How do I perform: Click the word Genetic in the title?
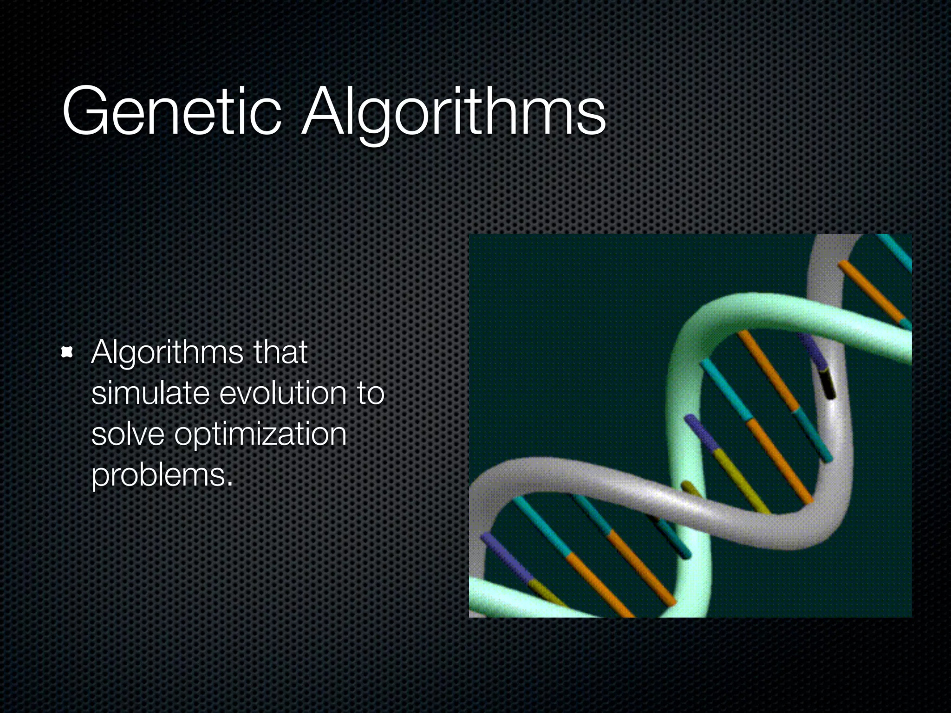(172, 111)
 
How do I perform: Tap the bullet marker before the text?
(68, 353)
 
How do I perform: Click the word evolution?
(283, 393)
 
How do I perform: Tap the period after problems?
(229, 484)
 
